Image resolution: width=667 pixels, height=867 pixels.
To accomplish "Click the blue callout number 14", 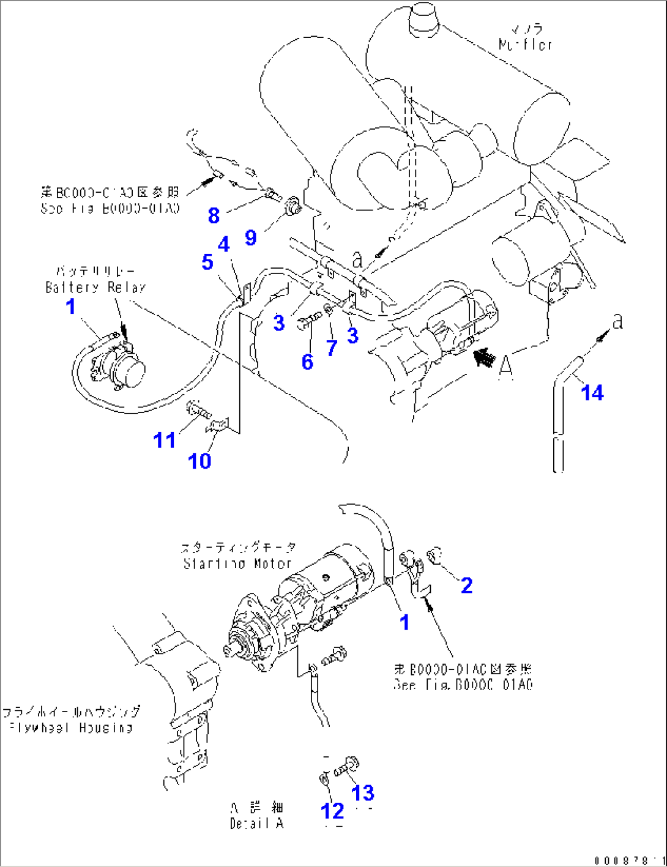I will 592,393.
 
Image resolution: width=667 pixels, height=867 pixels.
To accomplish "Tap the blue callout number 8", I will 214,215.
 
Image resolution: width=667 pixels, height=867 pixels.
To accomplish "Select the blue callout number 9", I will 250,237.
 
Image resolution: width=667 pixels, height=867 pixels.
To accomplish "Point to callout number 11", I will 164,440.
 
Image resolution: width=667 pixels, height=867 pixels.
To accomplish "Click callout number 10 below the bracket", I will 199,461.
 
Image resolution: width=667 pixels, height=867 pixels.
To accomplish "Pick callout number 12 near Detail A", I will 332,811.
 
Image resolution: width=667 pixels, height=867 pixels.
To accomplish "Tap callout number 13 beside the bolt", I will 363,793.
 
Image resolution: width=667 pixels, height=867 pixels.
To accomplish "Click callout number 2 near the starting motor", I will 466,586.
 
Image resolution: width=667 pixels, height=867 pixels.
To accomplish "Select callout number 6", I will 307,362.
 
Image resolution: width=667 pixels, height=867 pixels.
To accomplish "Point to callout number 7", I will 332,348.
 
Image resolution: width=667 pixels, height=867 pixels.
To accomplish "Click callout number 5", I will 207,262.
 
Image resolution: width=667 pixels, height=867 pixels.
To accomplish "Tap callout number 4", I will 224,244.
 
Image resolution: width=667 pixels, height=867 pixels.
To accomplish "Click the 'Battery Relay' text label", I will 95,287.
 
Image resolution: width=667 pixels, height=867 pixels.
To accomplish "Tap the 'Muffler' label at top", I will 525,44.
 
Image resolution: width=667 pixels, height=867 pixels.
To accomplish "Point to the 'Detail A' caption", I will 256,824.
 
